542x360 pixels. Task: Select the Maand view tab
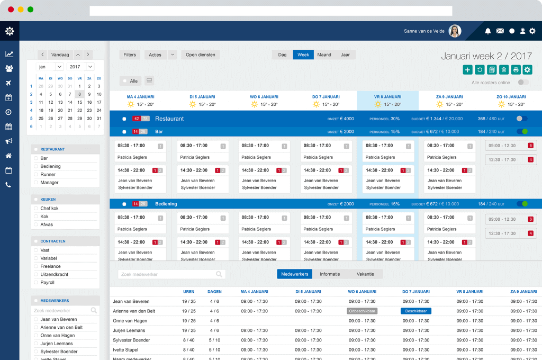tap(324, 55)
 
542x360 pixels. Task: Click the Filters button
tap(130, 55)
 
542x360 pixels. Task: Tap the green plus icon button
tap(467, 69)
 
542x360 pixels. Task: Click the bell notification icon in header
tap(487, 31)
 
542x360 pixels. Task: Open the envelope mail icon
tap(500, 31)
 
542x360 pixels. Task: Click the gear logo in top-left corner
tap(10, 31)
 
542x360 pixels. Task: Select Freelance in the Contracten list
tap(51, 266)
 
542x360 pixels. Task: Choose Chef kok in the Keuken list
tap(50, 208)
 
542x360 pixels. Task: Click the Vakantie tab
tap(365, 274)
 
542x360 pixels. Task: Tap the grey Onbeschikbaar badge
tap(362, 311)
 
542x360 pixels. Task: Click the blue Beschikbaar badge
tap(416, 311)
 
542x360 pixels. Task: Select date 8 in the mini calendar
tap(79, 94)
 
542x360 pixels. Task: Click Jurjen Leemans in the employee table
tap(129, 330)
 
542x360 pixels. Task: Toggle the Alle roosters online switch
tap(523, 82)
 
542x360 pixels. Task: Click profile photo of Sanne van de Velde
tap(455, 31)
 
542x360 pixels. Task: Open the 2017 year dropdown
tap(82, 67)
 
